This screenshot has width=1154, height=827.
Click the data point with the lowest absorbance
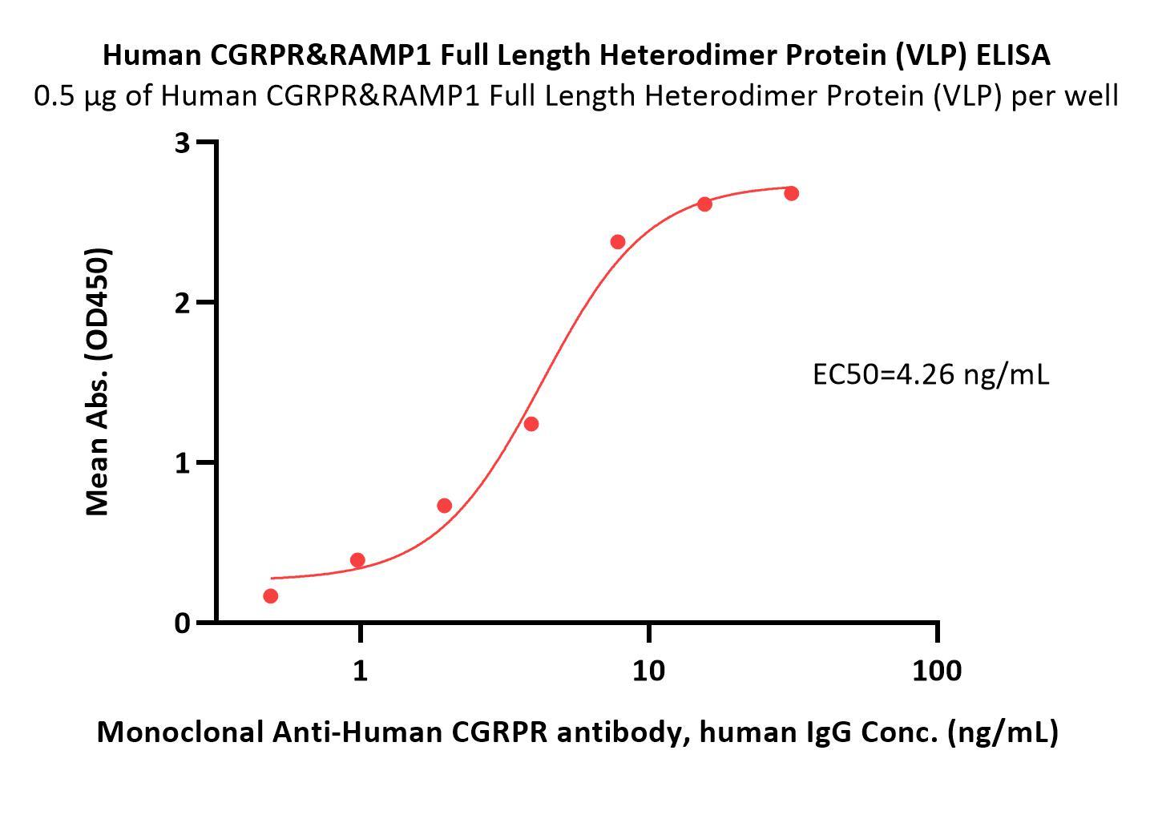point(270,596)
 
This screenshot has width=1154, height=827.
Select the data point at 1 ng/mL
point(357,560)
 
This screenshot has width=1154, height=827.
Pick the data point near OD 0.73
point(444,506)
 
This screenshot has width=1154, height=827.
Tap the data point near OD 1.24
point(531,424)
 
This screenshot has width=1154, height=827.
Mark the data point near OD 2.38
point(617,242)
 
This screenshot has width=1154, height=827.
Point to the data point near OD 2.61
point(704,204)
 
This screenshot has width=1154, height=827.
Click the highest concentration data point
point(791,193)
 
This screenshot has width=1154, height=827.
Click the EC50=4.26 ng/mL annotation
point(930,374)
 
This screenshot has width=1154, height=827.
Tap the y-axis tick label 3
point(182,143)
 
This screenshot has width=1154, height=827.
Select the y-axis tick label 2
point(182,302)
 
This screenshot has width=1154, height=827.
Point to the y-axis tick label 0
point(182,623)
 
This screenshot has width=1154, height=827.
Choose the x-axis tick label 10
point(648,670)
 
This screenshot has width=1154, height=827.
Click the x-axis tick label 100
point(937,670)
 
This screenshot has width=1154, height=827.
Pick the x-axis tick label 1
point(361,670)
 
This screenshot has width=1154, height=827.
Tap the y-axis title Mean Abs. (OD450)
point(97,381)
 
